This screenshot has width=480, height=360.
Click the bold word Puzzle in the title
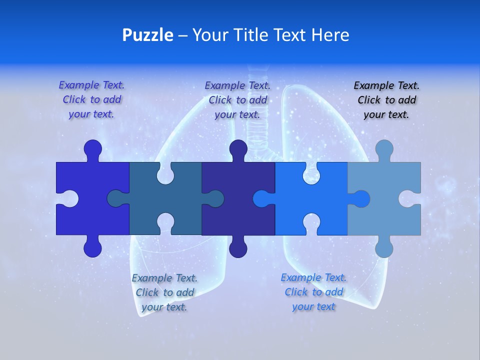(x=148, y=35)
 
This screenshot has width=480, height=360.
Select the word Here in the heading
(x=330, y=35)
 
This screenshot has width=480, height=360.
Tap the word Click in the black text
(x=369, y=100)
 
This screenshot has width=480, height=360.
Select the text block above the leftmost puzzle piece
(x=92, y=99)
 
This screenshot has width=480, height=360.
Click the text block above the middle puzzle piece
(x=238, y=100)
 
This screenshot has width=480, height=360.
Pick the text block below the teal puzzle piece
(x=165, y=292)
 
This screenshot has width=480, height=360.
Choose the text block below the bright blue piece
(x=314, y=291)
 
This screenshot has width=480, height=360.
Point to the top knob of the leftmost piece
(x=93, y=148)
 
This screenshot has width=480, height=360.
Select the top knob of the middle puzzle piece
(x=238, y=148)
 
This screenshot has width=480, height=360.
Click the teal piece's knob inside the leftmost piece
(x=116, y=198)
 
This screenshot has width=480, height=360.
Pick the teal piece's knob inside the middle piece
(x=215, y=198)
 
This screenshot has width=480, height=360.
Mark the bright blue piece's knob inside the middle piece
(x=261, y=198)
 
